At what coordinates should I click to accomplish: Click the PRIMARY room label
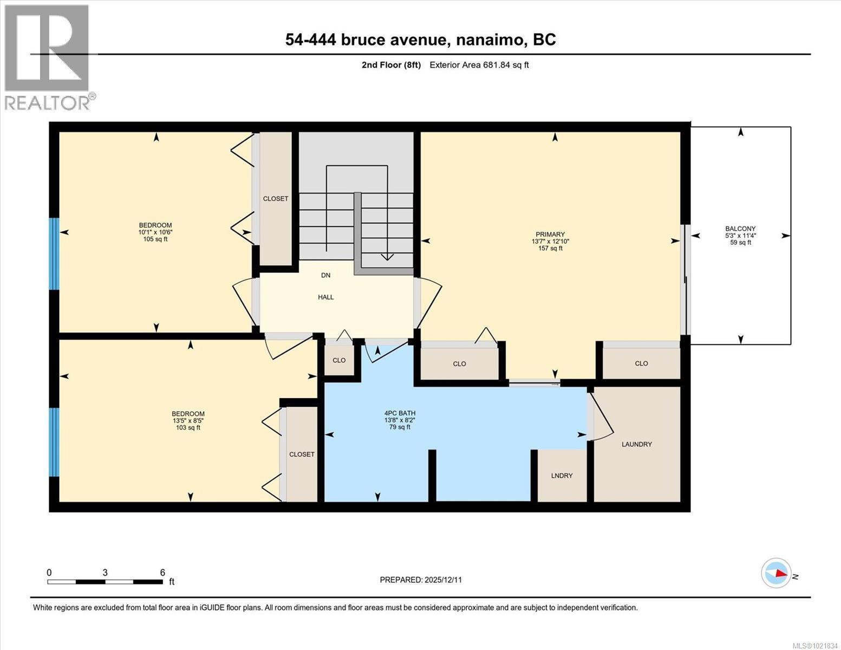tap(550, 235)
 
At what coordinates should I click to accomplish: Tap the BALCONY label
tap(740, 229)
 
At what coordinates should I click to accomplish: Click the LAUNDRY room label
tap(636, 444)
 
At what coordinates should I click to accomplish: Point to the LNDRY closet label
tap(562, 476)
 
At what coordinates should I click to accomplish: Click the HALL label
tap(326, 297)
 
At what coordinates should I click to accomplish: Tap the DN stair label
tap(325, 275)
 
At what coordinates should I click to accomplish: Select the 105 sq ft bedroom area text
tap(155, 239)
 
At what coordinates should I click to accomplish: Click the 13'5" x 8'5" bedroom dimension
tap(188, 420)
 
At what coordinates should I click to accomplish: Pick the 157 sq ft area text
tap(550, 249)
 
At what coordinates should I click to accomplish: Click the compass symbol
tap(776, 573)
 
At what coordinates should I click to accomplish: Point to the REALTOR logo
tap(48, 57)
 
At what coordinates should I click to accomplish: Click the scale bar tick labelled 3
tap(105, 573)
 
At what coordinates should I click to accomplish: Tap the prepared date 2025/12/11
tap(443, 580)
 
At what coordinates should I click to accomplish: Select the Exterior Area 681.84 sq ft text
tap(479, 65)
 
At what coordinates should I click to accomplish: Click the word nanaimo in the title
tap(490, 40)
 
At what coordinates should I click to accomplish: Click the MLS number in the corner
tap(815, 645)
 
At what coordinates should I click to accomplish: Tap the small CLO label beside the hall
tap(339, 360)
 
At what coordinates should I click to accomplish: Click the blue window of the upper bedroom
tap(54, 253)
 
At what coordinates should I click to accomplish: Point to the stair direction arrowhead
tap(387, 257)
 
